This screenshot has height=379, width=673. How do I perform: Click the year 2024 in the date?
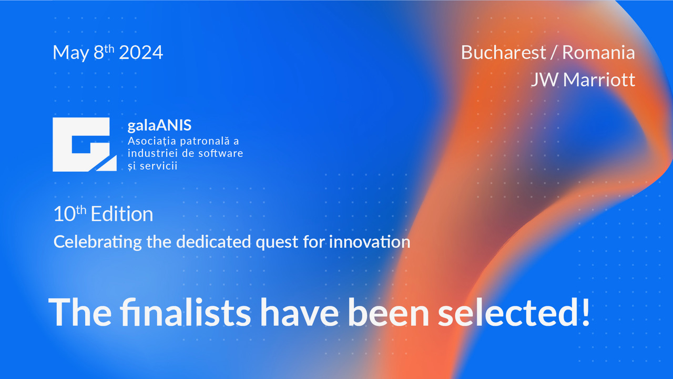point(141,52)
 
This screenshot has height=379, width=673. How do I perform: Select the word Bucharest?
point(503,52)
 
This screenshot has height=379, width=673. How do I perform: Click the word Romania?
point(598,52)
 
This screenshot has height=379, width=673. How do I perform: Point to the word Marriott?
point(599,79)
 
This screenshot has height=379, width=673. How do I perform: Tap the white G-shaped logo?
point(85,144)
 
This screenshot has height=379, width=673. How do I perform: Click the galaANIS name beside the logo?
point(159,125)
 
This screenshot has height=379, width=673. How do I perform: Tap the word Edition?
point(122,214)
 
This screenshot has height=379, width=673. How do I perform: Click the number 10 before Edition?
point(64,214)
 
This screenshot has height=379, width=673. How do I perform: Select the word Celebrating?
point(98,243)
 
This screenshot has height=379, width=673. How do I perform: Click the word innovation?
point(370,242)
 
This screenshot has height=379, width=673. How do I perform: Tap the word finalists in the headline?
point(186,312)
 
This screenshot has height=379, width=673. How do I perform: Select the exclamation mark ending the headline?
point(585,312)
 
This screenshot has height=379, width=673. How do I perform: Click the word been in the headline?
point(388,312)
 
